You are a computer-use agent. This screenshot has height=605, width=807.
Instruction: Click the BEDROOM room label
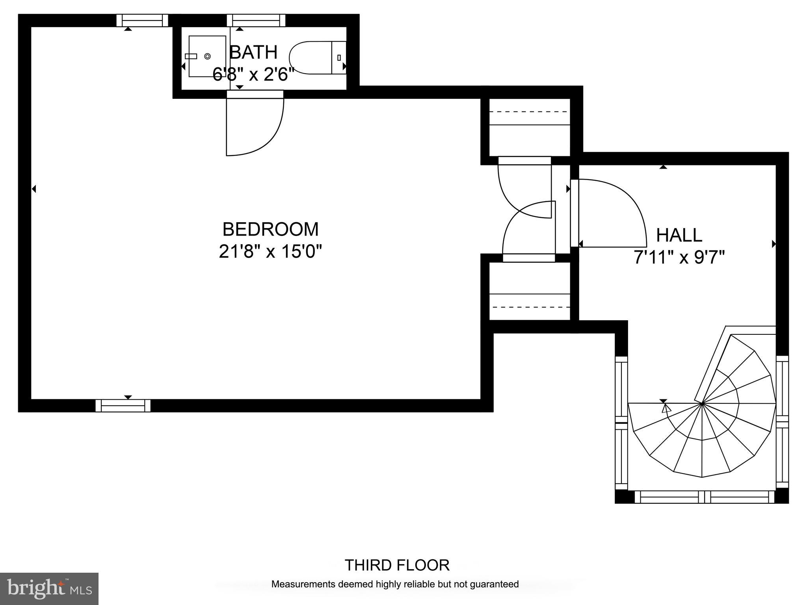coord(270,229)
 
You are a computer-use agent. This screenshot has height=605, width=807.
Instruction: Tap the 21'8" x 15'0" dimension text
coord(270,251)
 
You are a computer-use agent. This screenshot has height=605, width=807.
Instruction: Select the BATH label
coord(253,52)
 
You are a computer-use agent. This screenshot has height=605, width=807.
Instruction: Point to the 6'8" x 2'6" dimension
coord(253,74)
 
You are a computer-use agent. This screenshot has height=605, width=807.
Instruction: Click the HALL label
coord(679,235)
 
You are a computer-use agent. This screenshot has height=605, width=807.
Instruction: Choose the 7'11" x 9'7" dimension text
coord(679,258)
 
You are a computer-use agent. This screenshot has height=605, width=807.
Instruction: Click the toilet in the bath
coord(315,58)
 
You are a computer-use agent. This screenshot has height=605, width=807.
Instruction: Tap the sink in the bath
coord(207,56)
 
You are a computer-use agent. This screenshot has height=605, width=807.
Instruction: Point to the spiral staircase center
coord(702,403)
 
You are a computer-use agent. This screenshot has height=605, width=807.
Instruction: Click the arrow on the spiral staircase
coord(666,409)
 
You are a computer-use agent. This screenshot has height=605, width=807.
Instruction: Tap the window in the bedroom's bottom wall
coord(123,405)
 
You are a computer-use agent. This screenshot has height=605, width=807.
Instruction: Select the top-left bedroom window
coord(142,20)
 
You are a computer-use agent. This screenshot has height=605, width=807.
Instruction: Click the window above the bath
coord(256,20)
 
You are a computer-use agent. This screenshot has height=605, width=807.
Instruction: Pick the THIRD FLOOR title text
coord(397,565)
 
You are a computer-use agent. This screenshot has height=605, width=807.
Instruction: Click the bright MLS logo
coord(49,589)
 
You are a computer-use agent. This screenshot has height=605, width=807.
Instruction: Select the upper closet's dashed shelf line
coord(530,112)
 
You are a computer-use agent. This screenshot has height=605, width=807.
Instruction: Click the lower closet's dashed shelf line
coord(530,307)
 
